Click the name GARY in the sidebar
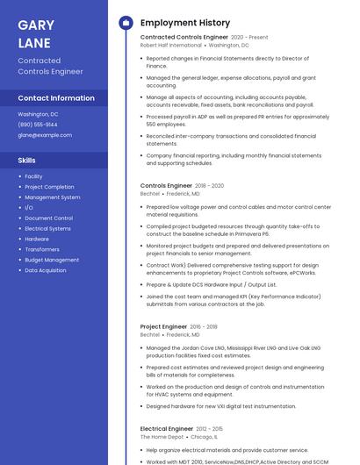point(36,25)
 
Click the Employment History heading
point(185,23)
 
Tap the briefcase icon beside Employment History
point(126,23)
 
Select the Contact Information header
point(56,98)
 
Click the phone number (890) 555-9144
point(38,125)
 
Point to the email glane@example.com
point(45,135)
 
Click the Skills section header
point(27,161)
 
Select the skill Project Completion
point(49,187)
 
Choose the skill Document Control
point(48,218)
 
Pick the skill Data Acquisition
point(46,270)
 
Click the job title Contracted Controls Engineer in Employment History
point(184,38)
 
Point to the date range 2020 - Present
point(249,38)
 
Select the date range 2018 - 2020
point(209,186)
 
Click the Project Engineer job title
point(163,326)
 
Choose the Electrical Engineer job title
point(167,428)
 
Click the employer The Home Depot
point(162,436)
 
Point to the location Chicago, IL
point(204,436)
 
